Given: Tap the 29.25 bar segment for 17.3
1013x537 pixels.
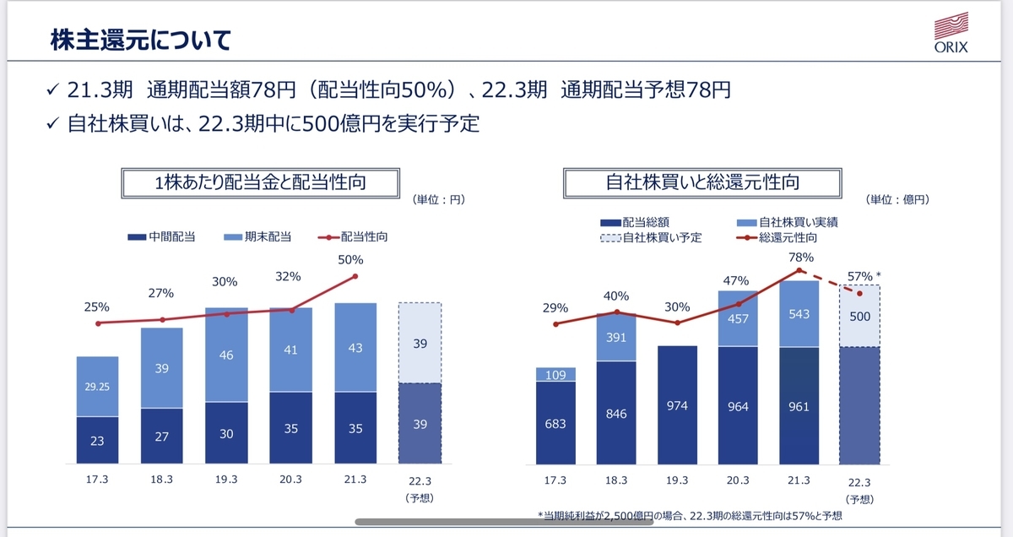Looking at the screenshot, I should pyautogui.click(x=97, y=386).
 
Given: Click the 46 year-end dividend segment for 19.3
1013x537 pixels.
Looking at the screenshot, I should pyautogui.click(x=227, y=355).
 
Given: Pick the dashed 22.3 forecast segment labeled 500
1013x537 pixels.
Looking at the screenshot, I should pyautogui.click(x=859, y=316).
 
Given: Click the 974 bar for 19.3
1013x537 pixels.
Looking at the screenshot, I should pyautogui.click(x=677, y=405).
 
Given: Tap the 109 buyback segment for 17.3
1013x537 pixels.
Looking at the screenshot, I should pyautogui.click(x=555, y=374).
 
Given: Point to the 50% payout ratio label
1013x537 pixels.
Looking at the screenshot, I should pyautogui.click(x=350, y=260).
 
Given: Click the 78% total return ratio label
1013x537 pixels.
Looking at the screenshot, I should pyautogui.click(x=802, y=258).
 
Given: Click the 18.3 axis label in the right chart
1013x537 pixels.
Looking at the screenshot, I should pyautogui.click(x=616, y=480).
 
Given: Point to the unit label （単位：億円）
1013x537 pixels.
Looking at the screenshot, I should pyautogui.click(x=897, y=200).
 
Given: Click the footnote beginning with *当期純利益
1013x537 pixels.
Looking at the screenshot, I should pyautogui.click(x=690, y=515).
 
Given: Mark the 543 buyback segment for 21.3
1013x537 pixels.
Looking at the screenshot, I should pyautogui.click(x=799, y=313).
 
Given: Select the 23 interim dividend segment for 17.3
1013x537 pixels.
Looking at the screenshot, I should pyautogui.click(x=97, y=440).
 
